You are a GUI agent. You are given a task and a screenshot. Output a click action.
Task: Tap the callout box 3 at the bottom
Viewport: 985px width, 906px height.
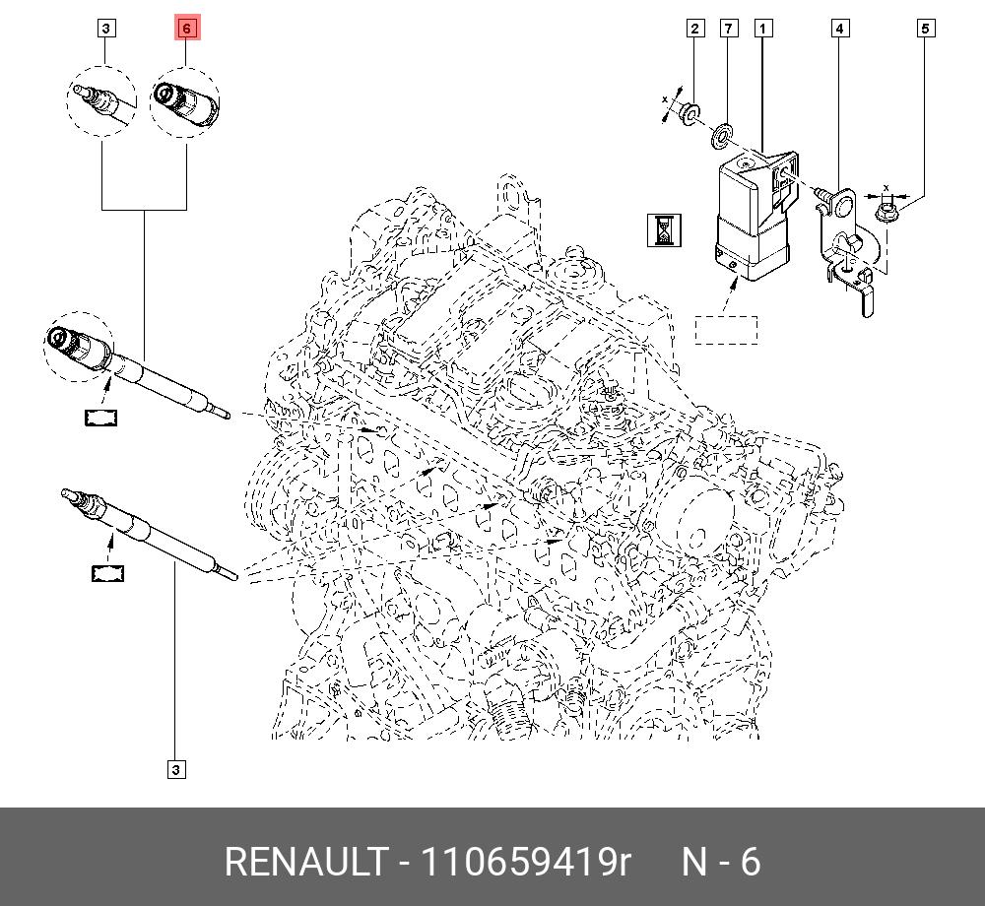click(x=175, y=769)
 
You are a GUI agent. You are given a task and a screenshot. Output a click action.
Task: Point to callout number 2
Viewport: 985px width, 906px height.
click(x=694, y=29)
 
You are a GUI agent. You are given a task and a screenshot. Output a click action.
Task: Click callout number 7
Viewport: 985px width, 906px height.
click(x=728, y=29)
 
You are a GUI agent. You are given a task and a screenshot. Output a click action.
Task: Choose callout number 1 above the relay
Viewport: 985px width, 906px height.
click(x=762, y=29)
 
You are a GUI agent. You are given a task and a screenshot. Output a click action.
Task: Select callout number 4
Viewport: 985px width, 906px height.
click(x=839, y=29)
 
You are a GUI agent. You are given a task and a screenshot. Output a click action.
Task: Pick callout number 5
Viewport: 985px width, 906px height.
click(x=925, y=29)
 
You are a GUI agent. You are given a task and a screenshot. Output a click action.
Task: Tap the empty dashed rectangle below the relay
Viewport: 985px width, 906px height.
click(x=726, y=329)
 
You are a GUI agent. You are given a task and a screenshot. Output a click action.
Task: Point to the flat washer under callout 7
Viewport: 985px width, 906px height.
click(x=724, y=131)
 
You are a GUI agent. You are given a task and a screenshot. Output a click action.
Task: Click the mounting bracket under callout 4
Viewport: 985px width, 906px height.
click(x=847, y=256)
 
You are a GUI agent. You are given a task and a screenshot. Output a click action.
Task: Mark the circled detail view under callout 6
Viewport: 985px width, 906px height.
click(x=185, y=101)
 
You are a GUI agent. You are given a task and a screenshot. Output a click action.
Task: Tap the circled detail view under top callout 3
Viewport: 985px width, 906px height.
click(x=102, y=101)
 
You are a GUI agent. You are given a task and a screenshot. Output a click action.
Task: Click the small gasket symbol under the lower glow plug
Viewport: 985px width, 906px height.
click(x=108, y=572)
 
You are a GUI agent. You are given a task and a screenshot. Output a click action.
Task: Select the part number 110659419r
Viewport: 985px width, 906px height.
click(x=526, y=862)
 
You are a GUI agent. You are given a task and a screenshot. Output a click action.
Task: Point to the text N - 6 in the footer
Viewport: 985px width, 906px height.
click(x=722, y=862)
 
